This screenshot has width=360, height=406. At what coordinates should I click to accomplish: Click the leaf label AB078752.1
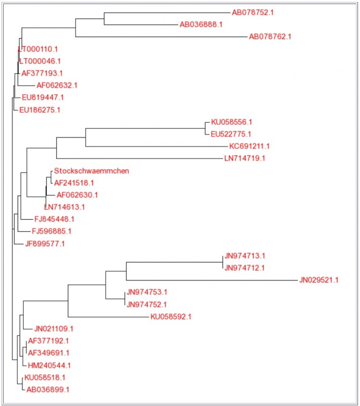[253, 12]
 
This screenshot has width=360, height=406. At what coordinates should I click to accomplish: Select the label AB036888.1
[201, 24]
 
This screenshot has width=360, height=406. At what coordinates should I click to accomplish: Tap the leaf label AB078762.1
[270, 37]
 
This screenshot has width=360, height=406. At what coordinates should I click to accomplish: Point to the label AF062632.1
[57, 85]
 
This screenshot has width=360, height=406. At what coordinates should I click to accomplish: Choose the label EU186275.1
[40, 110]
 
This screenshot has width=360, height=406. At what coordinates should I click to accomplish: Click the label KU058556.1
[232, 122]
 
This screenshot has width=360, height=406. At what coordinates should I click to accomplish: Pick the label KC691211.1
[249, 146]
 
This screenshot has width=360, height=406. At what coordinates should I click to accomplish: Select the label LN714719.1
[245, 158]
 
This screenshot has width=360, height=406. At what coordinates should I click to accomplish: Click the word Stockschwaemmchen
[92, 171]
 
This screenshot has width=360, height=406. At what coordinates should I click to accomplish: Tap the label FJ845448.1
[54, 219]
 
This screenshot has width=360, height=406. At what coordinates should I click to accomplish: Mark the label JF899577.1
[45, 244]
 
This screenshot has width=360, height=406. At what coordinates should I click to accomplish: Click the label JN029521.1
[319, 280]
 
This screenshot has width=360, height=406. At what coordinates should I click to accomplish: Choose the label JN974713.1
[245, 256]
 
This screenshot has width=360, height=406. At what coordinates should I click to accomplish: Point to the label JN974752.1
[147, 304]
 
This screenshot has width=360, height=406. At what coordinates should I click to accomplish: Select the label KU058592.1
[171, 316]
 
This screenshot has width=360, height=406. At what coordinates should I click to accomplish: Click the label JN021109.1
[54, 328]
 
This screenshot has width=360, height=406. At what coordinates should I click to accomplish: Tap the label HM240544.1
[49, 365]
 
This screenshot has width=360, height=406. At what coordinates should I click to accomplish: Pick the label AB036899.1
[48, 389]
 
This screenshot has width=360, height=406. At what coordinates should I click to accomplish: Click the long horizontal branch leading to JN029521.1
[212, 280]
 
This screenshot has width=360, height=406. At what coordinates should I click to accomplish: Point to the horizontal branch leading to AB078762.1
[161, 37]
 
